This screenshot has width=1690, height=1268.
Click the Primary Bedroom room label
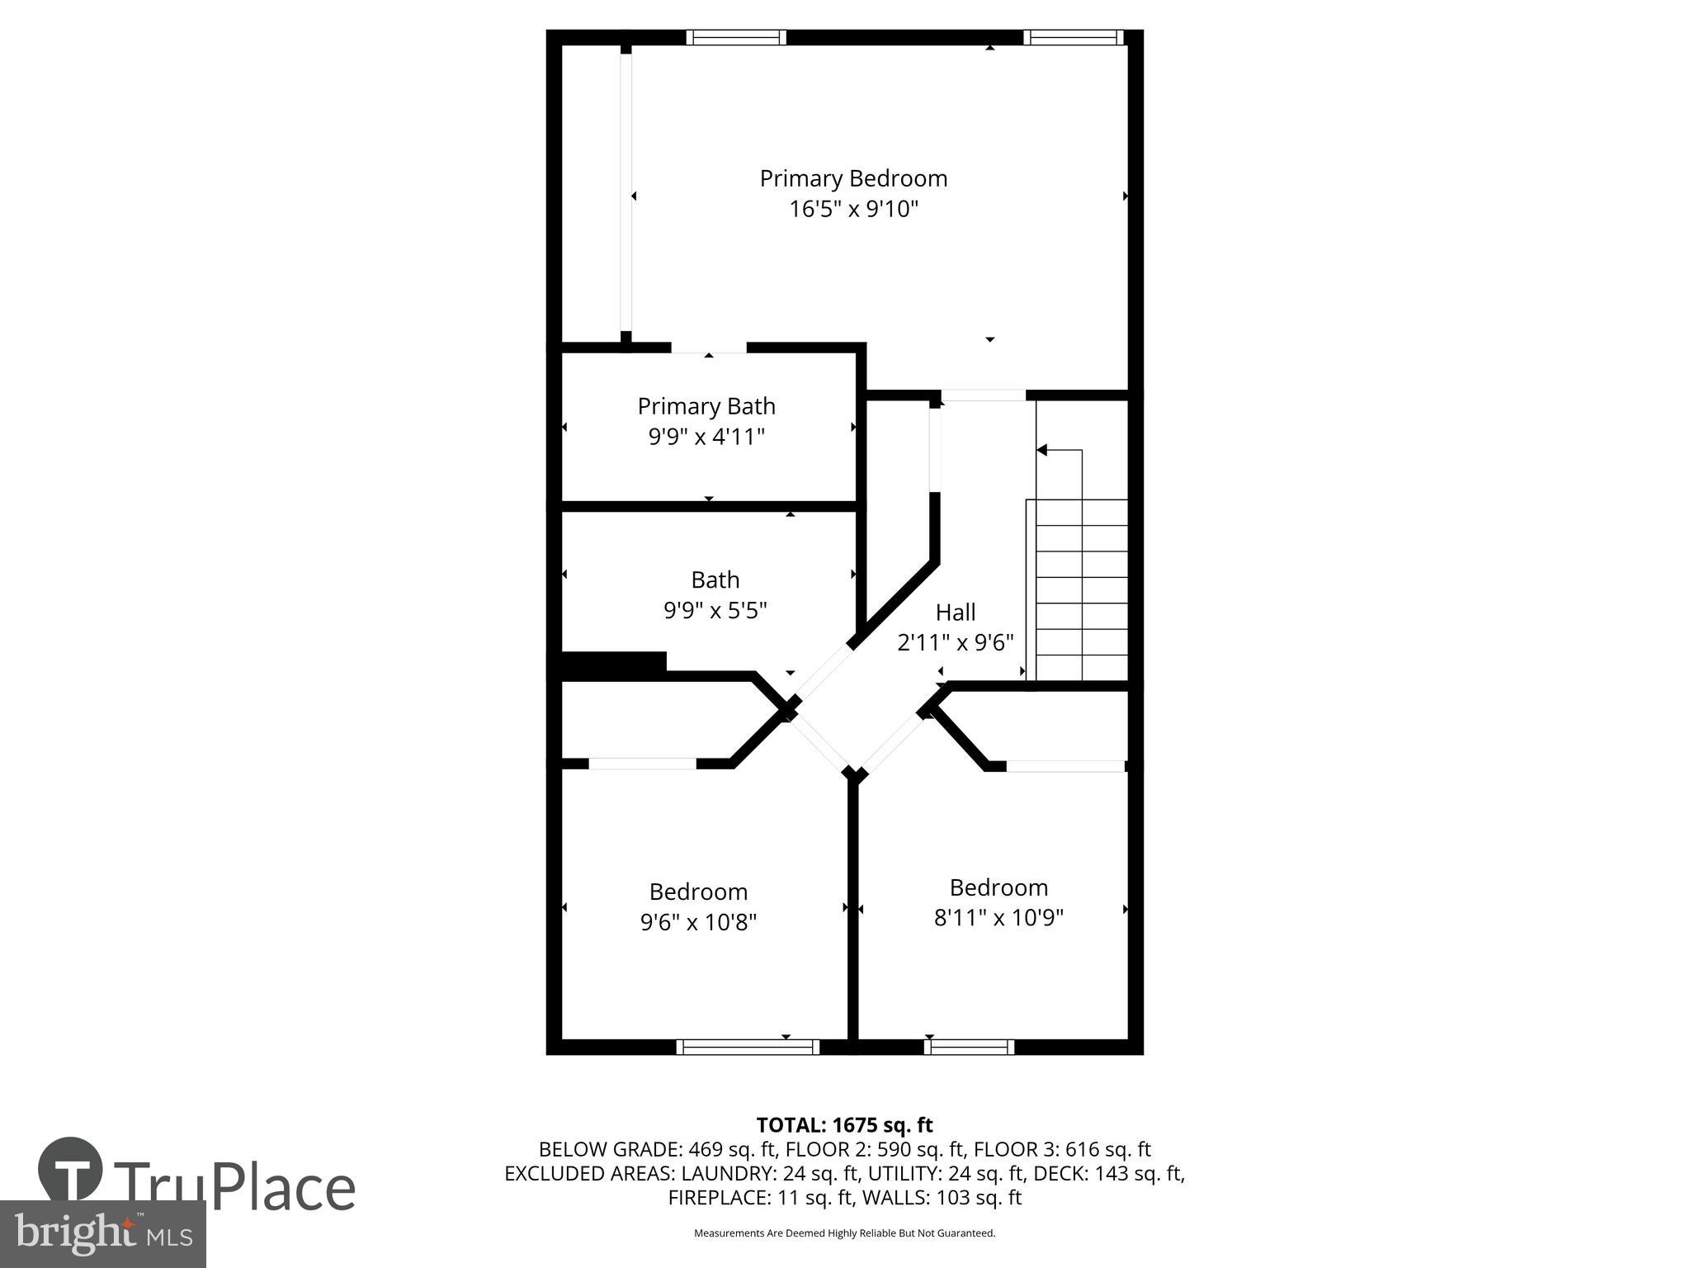coord(853,178)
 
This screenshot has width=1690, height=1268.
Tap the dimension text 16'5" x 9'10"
coord(853,209)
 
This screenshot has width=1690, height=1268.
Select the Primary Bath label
coord(706,406)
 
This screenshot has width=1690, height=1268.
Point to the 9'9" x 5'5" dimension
coord(715,610)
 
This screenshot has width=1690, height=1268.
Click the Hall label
coord(956,612)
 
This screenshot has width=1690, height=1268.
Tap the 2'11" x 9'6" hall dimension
coord(956,642)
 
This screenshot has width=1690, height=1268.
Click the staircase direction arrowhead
coord(1042,450)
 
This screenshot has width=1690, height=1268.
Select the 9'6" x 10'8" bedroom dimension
coord(698,922)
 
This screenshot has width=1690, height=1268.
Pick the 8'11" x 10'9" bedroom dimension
coord(998,918)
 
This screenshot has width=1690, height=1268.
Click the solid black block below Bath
coord(614,665)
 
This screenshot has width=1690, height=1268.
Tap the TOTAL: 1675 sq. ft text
coord(844,1124)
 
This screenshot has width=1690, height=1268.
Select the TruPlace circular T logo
coord(71,1170)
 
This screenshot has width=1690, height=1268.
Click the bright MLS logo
coord(103,1233)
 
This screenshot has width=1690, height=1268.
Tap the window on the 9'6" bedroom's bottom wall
coord(748,1047)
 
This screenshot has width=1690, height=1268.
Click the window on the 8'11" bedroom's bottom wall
coord(969,1047)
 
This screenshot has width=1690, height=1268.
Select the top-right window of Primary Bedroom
coord(1073,37)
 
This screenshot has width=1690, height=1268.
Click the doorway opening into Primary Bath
coord(709,348)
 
